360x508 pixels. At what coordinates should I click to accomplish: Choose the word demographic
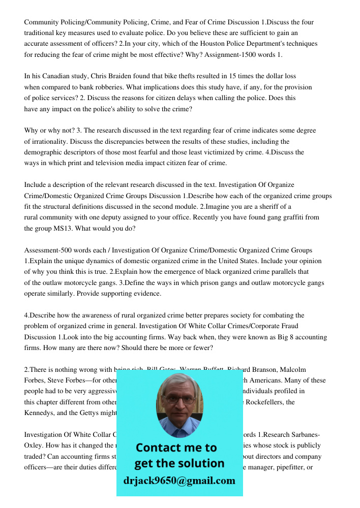point(45,152)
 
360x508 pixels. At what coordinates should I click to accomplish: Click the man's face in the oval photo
point(178,401)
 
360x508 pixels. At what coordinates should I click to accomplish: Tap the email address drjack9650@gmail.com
point(179,481)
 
